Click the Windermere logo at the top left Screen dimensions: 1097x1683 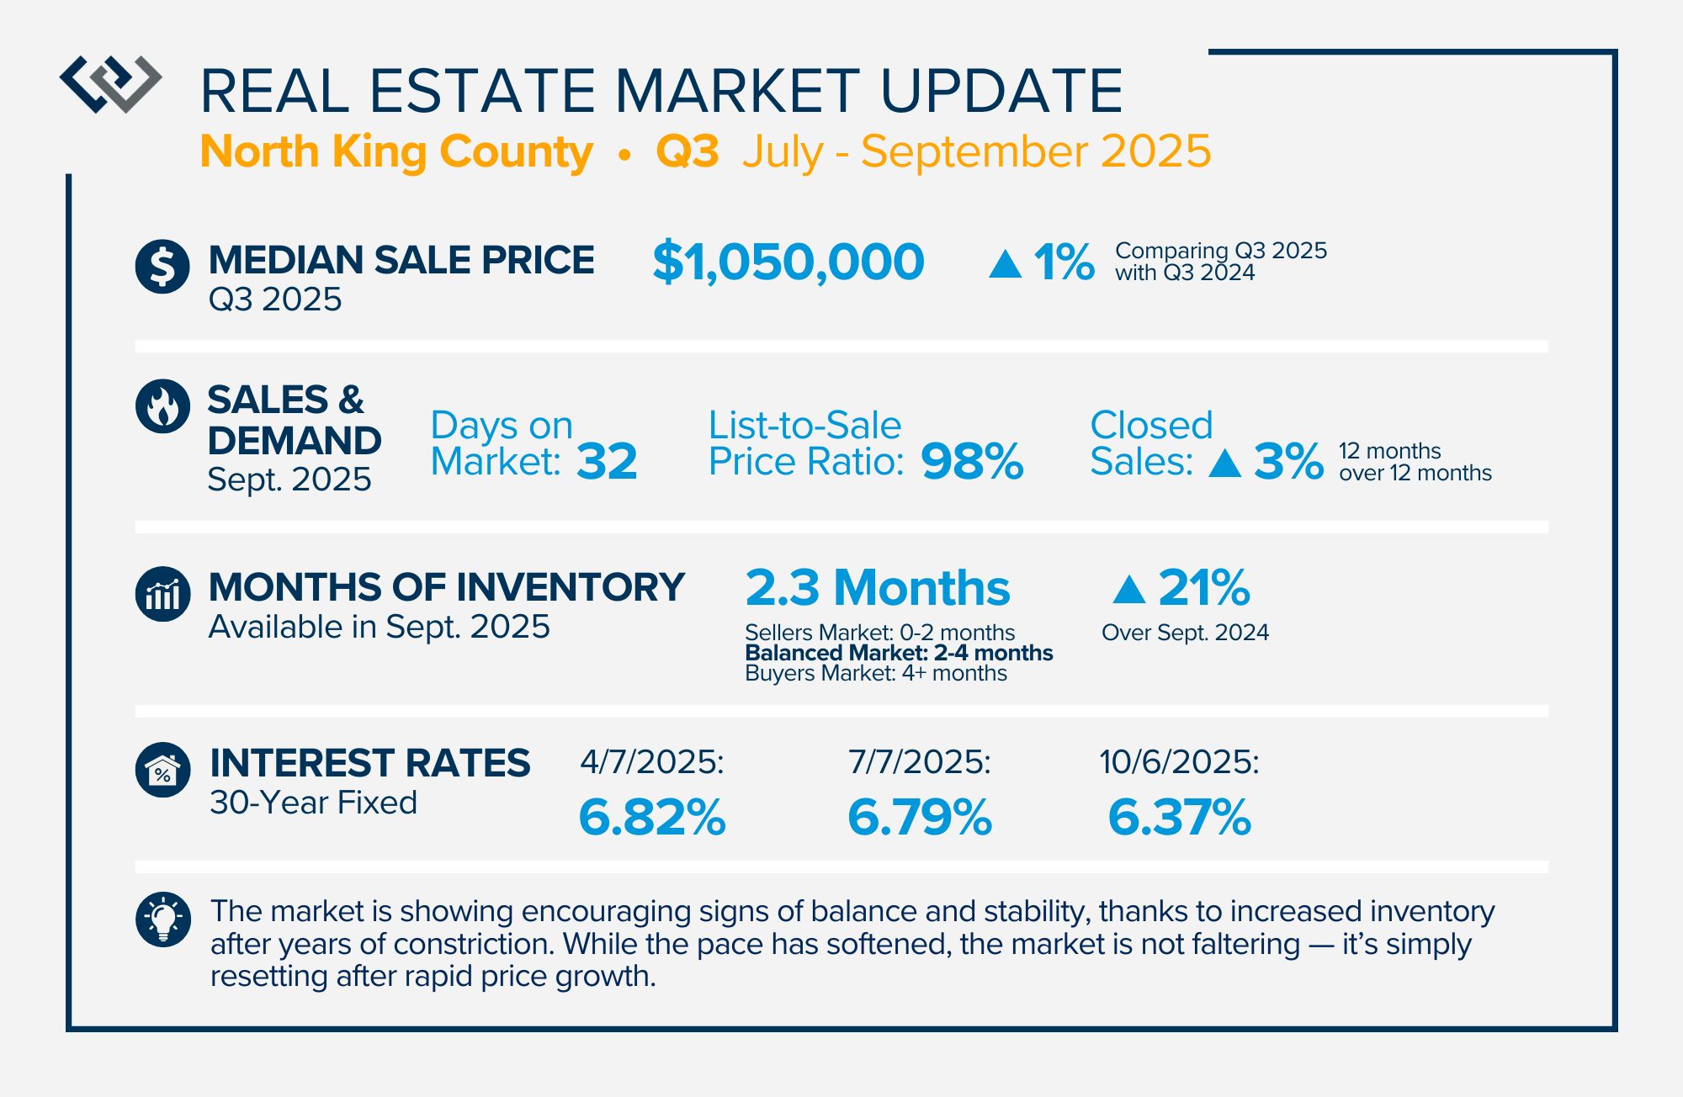[x=110, y=83]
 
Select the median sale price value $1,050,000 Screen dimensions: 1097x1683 [x=788, y=262]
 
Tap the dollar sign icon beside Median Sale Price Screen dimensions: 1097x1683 [x=162, y=267]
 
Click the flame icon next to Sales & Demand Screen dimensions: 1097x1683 [x=162, y=406]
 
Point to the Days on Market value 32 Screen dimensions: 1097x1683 [x=607, y=462]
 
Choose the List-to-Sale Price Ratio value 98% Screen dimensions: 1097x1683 [x=972, y=462]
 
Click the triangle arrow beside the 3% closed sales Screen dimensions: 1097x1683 [x=1225, y=464]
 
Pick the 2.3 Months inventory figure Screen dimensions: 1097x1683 [x=877, y=587]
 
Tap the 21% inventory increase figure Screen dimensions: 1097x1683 [x=1203, y=587]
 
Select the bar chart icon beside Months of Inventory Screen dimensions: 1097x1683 [x=162, y=594]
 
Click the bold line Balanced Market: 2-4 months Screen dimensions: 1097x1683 [x=899, y=653]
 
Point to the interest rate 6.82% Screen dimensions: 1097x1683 [x=652, y=817]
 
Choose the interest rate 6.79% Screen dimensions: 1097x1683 [x=920, y=817]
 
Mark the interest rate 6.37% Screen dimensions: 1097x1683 [x=1180, y=817]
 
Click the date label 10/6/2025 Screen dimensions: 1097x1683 [x=1179, y=762]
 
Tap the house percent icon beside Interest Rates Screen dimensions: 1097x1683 [x=162, y=770]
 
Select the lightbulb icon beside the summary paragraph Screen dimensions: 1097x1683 [x=162, y=919]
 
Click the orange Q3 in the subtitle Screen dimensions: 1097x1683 [x=688, y=152]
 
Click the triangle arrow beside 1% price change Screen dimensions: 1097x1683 [x=1005, y=264]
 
